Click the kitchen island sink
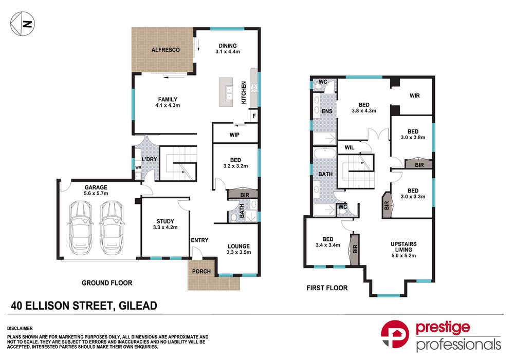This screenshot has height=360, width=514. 229,92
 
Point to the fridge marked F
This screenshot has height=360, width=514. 253,117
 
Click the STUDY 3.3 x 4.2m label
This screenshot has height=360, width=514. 165,226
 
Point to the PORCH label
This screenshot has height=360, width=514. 201,271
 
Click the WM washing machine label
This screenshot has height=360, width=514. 138,167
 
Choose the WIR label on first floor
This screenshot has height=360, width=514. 415,96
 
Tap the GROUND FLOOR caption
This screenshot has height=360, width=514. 107,282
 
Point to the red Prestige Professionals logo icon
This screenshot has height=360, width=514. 395,337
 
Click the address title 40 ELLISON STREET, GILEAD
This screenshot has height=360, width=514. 84,306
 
